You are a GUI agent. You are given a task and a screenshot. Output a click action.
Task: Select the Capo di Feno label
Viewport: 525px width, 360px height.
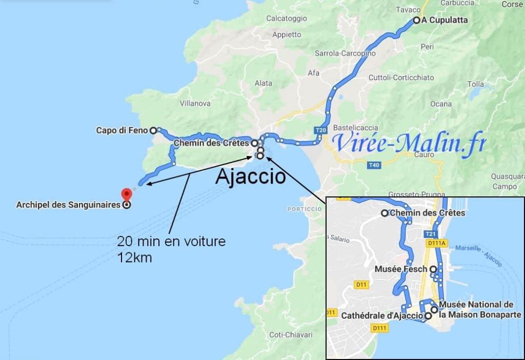(x=122, y=130)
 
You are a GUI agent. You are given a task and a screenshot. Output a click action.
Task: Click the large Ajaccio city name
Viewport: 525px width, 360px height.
(x=250, y=177)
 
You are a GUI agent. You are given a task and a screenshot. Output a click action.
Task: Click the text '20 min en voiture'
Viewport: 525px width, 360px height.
(x=171, y=241)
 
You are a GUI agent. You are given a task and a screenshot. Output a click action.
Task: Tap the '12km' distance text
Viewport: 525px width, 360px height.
(x=134, y=257)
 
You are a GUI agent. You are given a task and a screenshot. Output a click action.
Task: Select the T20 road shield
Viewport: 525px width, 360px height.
(x=321, y=130)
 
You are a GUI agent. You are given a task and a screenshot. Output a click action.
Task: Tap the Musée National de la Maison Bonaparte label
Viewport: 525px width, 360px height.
(x=476, y=310)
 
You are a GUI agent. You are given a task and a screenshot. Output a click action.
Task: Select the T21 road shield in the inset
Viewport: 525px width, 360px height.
(x=430, y=234)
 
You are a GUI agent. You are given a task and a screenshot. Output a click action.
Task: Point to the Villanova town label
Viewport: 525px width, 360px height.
(x=195, y=103)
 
